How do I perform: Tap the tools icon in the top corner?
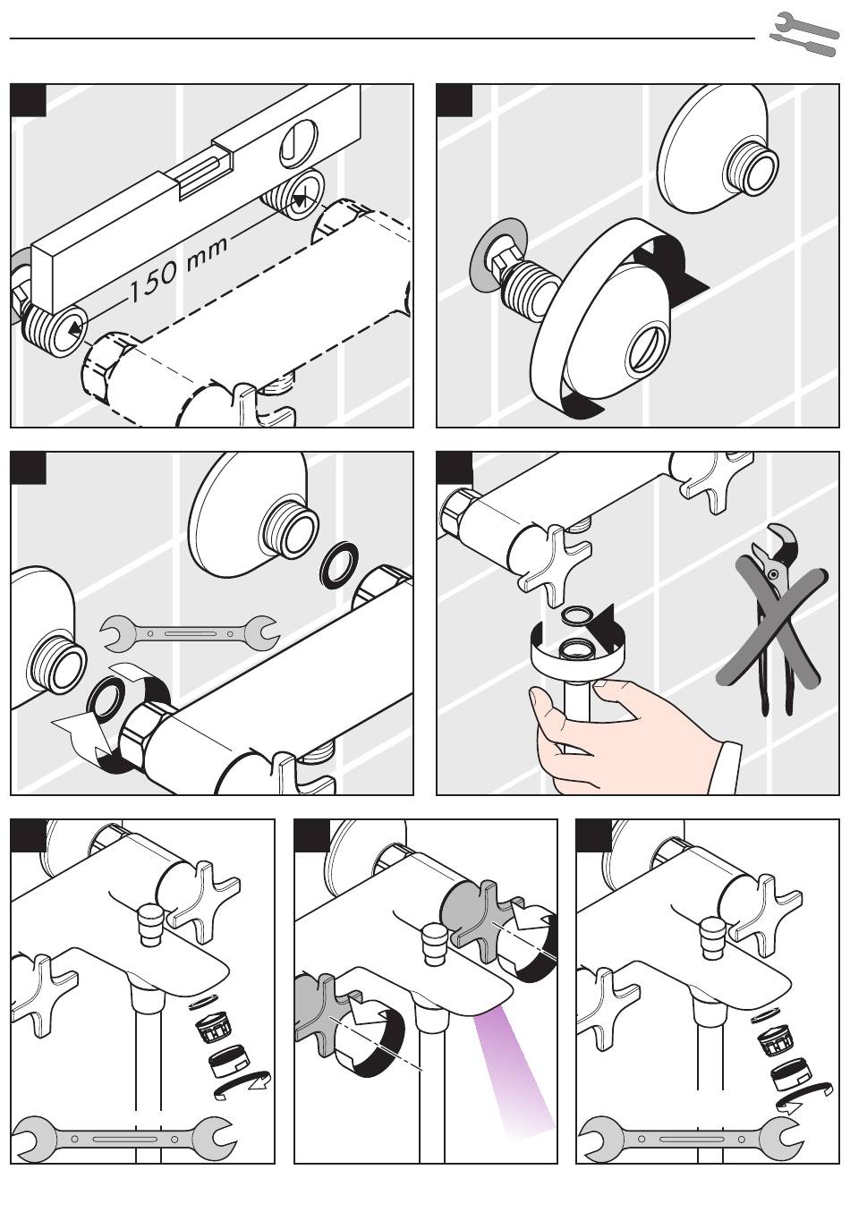tap(803, 34)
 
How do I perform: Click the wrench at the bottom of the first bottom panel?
tap(124, 1140)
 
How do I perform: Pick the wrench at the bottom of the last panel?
tap(691, 1140)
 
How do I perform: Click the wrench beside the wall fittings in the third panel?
tap(190, 633)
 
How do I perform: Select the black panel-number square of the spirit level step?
tap(28, 100)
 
